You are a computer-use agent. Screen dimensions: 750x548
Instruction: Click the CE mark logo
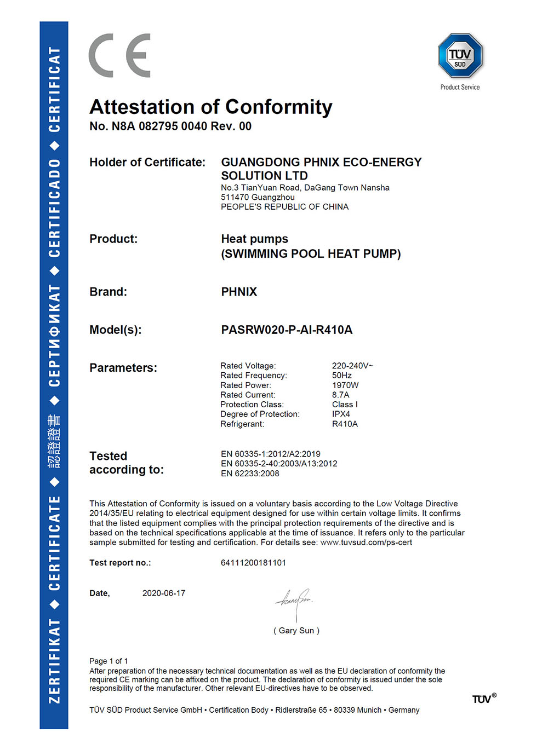point(119,55)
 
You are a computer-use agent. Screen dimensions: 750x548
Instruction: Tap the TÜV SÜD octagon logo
point(460,56)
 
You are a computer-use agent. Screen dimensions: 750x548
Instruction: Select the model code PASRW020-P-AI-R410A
point(287,330)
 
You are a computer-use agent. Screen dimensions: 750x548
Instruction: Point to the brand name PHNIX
point(239,292)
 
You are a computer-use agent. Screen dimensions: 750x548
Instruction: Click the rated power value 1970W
point(345,385)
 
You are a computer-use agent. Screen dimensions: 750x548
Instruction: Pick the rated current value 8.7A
point(340,395)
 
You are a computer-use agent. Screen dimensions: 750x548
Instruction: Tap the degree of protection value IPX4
point(341,414)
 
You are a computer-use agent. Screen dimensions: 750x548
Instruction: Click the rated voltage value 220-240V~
point(352,366)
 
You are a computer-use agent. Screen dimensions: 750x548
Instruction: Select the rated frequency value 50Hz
point(342,376)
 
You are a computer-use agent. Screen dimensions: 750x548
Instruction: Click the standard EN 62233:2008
point(250,474)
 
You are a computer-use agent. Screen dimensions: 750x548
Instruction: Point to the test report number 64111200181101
point(253,563)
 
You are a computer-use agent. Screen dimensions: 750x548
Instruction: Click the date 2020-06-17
point(164,593)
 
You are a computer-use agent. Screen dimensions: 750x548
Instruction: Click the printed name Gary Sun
point(296,631)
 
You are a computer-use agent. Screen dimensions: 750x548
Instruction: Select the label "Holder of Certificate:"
point(147,163)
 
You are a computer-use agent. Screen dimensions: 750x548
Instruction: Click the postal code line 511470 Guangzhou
point(258,197)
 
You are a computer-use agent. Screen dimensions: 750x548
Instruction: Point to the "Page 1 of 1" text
point(109,661)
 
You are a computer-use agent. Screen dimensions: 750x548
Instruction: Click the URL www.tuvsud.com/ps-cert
point(366,543)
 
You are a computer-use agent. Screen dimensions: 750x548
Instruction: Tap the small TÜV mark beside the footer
point(484,699)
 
